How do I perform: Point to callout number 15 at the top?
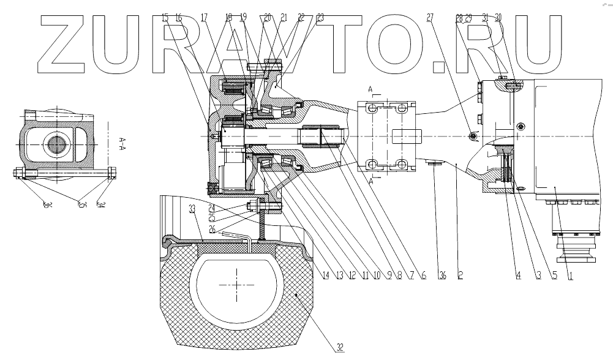(165, 18)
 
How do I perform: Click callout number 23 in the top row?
(320, 18)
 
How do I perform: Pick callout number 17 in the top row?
(203, 18)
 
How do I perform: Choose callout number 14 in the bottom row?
(326, 275)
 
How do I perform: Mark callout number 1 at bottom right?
(571, 275)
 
